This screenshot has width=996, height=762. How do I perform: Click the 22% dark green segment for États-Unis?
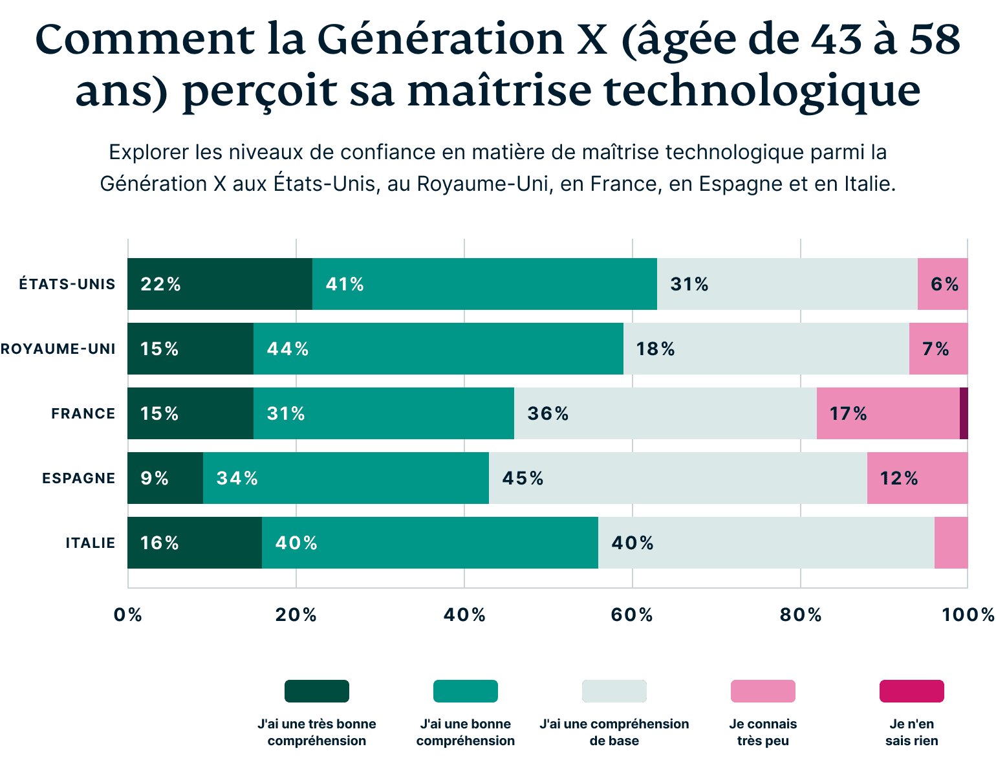pos(219,284)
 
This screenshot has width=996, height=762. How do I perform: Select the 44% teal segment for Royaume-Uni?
pos(438,349)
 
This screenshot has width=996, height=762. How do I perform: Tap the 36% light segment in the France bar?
pos(665,413)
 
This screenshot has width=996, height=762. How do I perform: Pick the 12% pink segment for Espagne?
pos(917,478)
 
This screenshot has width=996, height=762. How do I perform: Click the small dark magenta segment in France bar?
pos(964,413)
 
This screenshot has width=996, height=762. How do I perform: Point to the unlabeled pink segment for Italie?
pos(951,543)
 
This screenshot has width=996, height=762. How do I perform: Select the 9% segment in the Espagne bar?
pos(165,478)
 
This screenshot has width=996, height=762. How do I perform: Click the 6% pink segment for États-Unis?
pos(942,284)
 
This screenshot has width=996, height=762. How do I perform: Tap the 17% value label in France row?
pos(848,413)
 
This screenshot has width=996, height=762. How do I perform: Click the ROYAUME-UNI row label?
pos(58,349)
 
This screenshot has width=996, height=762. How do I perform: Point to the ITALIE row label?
pos(90,543)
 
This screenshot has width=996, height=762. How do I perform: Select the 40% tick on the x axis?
pos(464,615)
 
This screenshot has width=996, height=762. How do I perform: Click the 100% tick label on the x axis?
pos(968,615)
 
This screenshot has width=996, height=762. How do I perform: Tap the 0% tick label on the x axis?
pos(127,615)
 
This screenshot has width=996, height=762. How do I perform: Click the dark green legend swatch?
pos(316,691)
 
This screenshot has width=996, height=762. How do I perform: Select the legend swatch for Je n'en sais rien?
pos(911,691)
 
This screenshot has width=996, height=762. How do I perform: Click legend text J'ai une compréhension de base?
pos(614,732)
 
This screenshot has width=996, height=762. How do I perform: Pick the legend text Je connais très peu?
pos(763,732)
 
